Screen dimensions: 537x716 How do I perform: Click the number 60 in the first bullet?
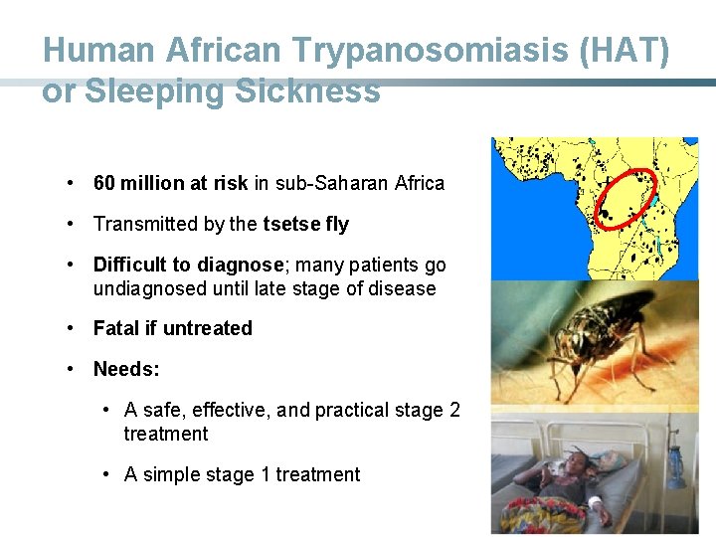click(x=104, y=183)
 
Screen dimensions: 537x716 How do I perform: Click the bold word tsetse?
click(x=287, y=224)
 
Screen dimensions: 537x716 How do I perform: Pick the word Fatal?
click(x=115, y=328)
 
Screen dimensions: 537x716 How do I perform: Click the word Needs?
click(x=126, y=369)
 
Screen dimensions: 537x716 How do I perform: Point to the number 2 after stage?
click(x=453, y=410)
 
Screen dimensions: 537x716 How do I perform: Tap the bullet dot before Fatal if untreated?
click(x=72, y=328)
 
